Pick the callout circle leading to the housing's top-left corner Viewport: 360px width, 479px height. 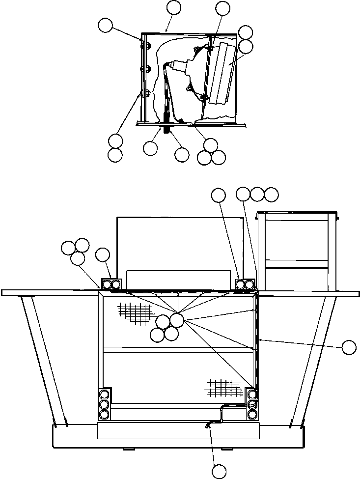point(105,26)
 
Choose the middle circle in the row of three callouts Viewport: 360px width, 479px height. point(257,194)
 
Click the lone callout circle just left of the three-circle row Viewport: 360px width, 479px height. point(218,195)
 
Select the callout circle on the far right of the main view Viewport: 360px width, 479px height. point(349,347)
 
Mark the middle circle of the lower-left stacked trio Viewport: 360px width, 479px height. point(104,405)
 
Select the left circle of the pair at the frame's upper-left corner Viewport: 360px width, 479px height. point(107,284)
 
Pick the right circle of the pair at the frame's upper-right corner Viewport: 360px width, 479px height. point(249,284)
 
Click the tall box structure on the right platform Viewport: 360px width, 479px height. point(298,251)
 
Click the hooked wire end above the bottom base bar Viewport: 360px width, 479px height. point(209,426)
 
